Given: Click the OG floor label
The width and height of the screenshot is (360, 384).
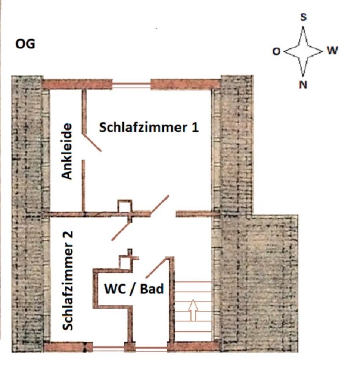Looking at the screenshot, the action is (x=25, y=44).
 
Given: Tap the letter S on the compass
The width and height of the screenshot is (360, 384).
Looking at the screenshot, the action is (x=303, y=17).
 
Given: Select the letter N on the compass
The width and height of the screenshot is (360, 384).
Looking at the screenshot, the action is (x=303, y=85).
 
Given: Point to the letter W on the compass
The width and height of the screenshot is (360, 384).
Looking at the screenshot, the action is (x=332, y=50).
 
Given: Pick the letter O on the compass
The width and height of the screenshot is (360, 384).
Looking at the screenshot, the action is (x=276, y=52).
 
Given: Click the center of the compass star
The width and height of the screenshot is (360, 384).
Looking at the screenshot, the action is (x=303, y=52).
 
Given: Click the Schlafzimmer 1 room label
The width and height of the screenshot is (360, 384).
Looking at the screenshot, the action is (x=149, y=127).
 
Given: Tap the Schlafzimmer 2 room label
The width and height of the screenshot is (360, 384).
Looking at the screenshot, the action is (x=68, y=281).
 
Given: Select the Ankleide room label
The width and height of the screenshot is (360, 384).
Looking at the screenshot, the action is (x=66, y=151).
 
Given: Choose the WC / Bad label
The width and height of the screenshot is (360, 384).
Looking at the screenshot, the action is (x=134, y=289).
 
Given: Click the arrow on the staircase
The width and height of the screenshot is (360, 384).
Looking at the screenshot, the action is (x=193, y=310).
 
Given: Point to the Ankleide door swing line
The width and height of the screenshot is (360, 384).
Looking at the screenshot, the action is (x=92, y=142).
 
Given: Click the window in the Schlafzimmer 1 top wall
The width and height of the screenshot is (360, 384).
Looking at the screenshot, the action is (x=131, y=85).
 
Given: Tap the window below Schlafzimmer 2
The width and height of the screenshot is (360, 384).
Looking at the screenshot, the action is (x=108, y=348).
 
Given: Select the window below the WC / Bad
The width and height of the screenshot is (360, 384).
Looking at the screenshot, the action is (x=151, y=348).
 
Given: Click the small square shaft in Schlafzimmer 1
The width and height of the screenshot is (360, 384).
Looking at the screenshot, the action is (x=125, y=206).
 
